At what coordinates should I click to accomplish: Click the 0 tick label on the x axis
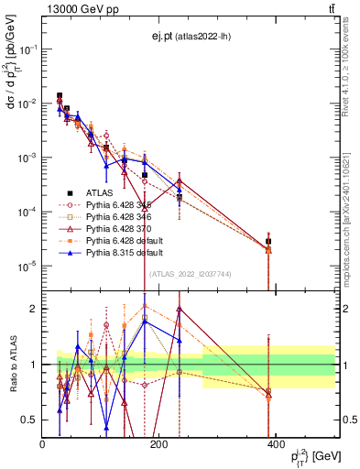43,445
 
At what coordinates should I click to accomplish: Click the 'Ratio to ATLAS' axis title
12,363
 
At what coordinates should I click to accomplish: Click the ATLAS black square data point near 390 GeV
268,242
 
